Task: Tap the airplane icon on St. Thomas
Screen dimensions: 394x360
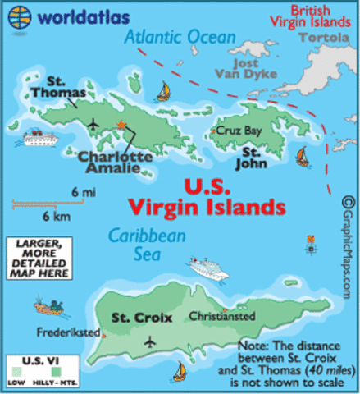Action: pyautogui.click(x=93, y=124)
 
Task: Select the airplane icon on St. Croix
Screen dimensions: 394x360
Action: pyautogui.click(x=150, y=341)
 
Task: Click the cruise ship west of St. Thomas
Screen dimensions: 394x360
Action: pyautogui.click(x=39, y=138)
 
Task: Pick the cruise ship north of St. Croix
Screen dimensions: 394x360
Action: pyautogui.click(x=207, y=268)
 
